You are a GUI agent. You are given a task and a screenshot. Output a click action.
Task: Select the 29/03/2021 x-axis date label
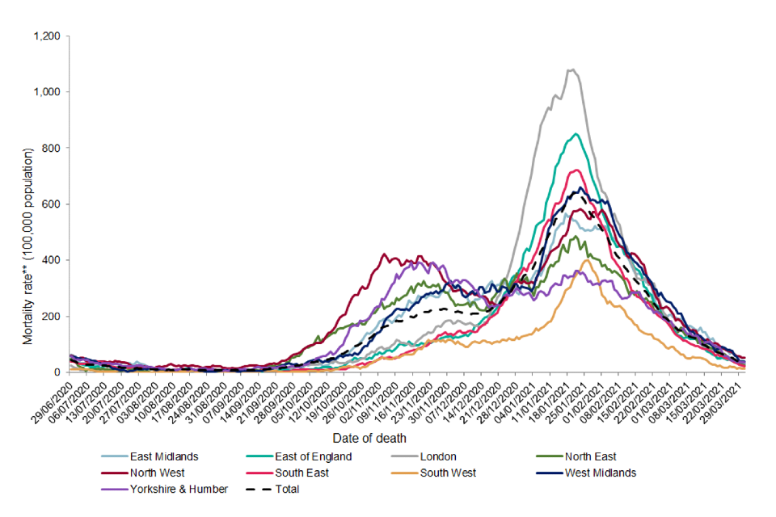point(725,403)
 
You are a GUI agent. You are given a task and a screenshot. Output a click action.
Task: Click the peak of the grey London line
point(571,69)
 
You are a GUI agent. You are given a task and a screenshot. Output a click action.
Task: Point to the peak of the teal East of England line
point(576,134)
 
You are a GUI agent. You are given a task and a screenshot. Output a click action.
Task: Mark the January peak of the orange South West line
point(585,260)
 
